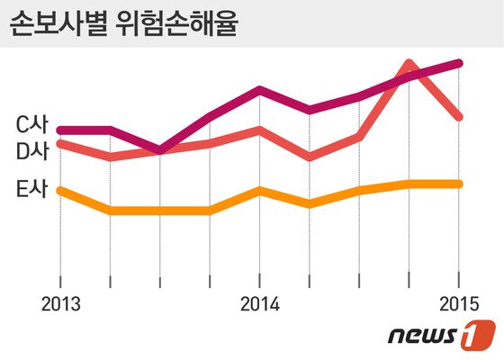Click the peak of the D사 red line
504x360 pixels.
pos(409,64)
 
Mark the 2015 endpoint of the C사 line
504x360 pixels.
pos(459,63)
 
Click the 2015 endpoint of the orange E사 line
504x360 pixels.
pos(459,184)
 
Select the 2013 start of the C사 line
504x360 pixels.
pos(60,130)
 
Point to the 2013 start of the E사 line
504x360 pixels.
pos(60,190)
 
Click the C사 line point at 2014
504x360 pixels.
pos(259,90)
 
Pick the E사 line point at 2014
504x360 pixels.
pos(259,190)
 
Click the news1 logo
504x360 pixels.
pos(441,337)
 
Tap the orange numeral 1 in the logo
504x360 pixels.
pos(477,337)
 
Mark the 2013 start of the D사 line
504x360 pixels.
pos(60,143)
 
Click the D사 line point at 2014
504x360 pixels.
pos(259,130)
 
